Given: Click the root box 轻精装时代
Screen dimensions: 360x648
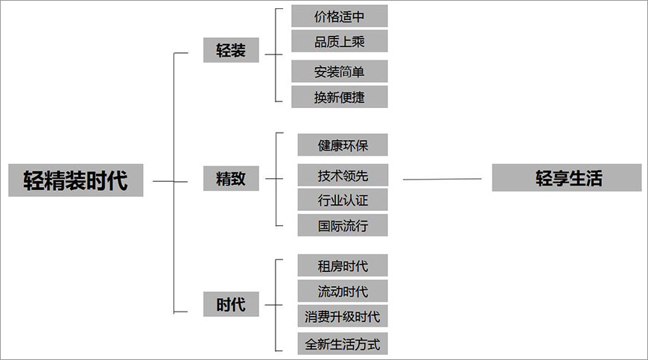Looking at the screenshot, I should [75, 180].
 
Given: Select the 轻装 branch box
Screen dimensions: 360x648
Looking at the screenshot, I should [231, 51].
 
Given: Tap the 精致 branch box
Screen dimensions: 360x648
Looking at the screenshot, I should [231, 179].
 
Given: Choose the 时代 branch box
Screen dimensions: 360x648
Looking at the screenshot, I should [231, 304].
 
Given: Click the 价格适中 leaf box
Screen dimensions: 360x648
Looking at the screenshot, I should [340, 16].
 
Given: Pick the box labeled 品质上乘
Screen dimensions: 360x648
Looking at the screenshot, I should [340, 40].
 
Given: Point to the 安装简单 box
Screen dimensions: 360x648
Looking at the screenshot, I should [340, 72].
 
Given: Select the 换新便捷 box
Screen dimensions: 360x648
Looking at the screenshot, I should [340, 96].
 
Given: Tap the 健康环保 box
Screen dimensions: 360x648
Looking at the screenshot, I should [343, 145].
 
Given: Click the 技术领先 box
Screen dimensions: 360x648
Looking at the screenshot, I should [343, 176].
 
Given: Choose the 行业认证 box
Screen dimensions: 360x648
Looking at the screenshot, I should [343, 200].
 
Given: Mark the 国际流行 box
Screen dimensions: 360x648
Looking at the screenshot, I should [343, 224].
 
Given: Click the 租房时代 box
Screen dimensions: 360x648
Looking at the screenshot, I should [343, 265].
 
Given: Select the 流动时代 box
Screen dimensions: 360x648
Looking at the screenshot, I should [343, 291].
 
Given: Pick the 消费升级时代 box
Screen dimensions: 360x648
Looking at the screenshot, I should [343, 316].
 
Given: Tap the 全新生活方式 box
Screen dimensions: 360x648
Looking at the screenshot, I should [343, 344].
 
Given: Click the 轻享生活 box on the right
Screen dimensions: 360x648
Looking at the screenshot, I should [567, 178].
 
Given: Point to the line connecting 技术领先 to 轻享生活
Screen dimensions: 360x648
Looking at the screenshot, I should [442, 179].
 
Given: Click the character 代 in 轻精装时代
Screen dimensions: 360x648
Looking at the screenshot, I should [117, 180].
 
